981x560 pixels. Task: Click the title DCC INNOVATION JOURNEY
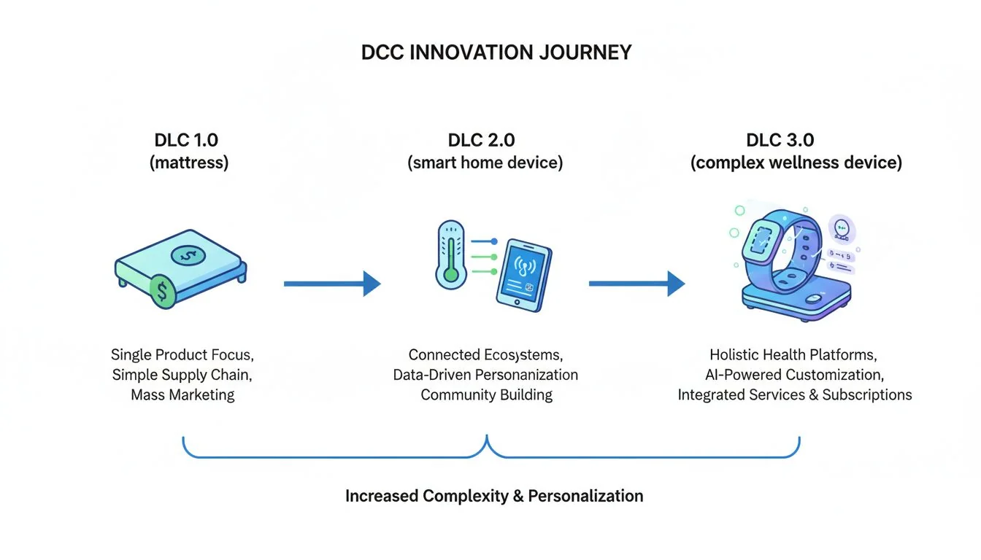(x=496, y=53)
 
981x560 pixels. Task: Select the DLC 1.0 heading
(x=186, y=140)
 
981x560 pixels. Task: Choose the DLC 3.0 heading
(x=796, y=140)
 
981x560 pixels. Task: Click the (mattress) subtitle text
(x=189, y=163)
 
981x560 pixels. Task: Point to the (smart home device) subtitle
(x=485, y=163)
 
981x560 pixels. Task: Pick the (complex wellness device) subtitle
(x=796, y=163)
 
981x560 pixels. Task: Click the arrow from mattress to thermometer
(x=332, y=284)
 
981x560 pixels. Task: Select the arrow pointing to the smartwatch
(x=636, y=284)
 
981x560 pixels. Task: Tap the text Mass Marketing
(x=182, y=395)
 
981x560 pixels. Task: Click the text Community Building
(x=486, y=395)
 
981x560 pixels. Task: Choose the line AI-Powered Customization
(x=794, y=375)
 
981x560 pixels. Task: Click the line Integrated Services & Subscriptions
(x=794, y=395)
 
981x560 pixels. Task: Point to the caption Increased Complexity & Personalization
(x=494, y=497)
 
